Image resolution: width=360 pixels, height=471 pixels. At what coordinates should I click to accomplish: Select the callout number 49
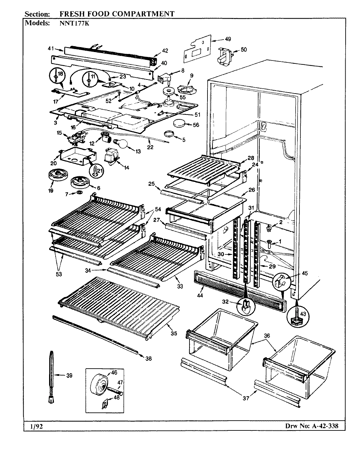coord(228,39)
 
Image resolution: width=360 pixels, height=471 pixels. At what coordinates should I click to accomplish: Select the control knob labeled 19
coord(57,175)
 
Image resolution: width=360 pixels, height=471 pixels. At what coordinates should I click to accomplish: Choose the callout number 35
coord(173,334)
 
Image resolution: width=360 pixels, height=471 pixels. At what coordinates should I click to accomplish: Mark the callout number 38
coord(148,358)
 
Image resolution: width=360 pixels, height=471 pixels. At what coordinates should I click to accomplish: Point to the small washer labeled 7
coord(80,195)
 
